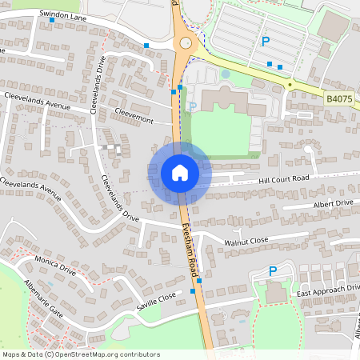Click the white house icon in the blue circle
[180, 172]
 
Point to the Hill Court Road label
[283, 180]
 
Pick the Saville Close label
[155, 300]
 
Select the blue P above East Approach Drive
[273, 271]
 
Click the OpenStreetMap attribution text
[81, 354]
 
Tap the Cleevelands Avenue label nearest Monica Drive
[31, 189]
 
